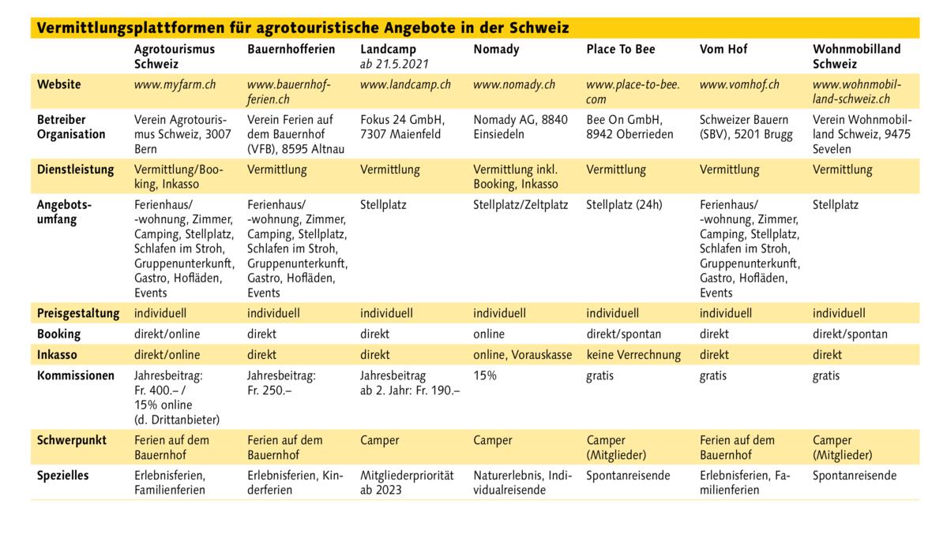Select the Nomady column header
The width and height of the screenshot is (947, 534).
pyautogui.click(x=496, y=50)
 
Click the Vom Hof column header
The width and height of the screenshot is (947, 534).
pyautogui.click(x=723, y=50)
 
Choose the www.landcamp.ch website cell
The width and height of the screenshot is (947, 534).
pyautogui.click(x=405, y=84)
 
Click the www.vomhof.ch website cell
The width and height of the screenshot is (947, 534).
pyautogui.click(x=739, y=84)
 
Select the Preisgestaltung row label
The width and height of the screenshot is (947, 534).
pyautogui.click(x=78, y=313)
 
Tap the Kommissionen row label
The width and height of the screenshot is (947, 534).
pyautogui.click(x=76, y=376)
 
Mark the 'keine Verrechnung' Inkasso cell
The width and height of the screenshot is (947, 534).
pyautogui.click(x=633, y=355)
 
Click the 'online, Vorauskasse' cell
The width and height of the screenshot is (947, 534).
pyautogui.click(x=522, y=355)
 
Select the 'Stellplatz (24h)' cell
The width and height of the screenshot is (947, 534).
pyautogui.click(x=624, y=205)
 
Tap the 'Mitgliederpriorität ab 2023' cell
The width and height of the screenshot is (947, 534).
pyautogui.click(x=407, y=483)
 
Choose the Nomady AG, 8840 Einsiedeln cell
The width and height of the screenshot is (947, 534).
pyautogui.click(x=520, y=127)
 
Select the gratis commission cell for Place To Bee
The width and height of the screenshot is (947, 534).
pyautogui.click(x=599, y=376)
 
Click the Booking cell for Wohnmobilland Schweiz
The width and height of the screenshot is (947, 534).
pyautogui.click(x=850, y=334)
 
